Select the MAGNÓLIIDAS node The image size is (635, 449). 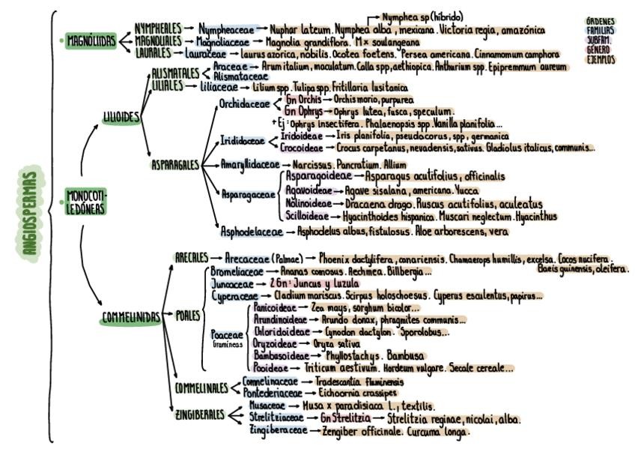tap(91, 41)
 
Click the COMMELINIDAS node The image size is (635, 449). tap(130, 318)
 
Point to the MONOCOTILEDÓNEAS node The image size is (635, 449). tap(87, 202)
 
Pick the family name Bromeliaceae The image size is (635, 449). tap(236, 268)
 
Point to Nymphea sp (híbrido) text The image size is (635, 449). tap(422, 16)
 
